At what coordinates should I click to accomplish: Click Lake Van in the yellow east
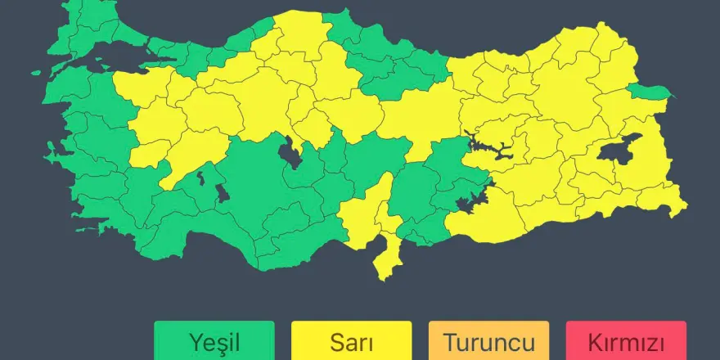[619, 151]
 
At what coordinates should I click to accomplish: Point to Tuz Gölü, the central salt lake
[289, 152]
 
